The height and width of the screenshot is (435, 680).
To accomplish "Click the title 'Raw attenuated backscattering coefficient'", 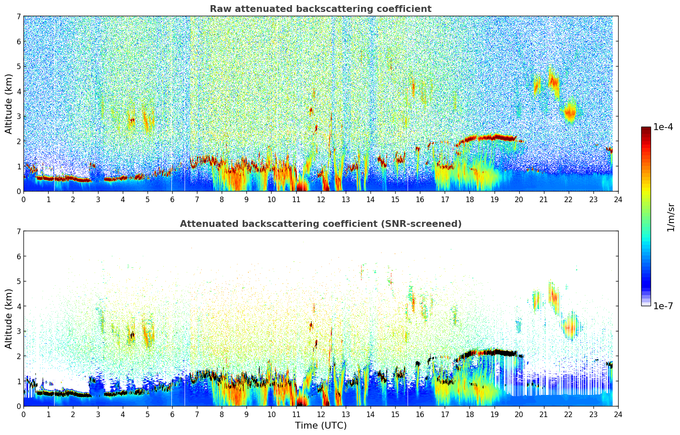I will tap(320, 9).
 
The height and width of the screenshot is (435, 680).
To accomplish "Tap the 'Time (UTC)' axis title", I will tap(321, 425).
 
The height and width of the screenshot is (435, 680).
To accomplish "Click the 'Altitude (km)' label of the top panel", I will tap(9, 104).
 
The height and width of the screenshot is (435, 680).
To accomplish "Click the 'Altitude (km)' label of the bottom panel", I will tap(9, 319).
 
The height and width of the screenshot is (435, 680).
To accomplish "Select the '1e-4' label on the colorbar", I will tap(663, 127).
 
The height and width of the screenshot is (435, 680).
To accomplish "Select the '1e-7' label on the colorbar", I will tap(663, 306).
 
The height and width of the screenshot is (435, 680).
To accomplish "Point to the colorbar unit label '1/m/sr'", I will tap(671, 217).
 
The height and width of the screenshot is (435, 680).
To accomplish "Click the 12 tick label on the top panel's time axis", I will tap(321, 199).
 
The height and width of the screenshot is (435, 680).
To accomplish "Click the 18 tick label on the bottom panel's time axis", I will tap(469, 414).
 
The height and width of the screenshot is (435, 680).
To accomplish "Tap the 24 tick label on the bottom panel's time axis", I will tap(618, 414).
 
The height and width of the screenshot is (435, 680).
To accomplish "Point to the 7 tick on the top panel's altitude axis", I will tap(18, 17).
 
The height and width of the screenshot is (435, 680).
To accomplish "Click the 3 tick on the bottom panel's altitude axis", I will tap(18, 331).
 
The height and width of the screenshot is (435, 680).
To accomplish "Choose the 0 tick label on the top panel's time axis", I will tap(23, 199).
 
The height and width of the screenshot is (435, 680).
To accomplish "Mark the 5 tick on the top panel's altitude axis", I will tap(18, 67).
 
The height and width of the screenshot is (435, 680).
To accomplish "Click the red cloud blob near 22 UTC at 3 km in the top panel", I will tap(570, 113).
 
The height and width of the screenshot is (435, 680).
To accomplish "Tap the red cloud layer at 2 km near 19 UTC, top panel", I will tap(495, 137).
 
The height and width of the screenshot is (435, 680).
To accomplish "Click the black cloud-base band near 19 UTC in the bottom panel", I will tap(495, 352).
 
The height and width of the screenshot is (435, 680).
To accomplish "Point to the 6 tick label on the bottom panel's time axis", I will tap(172, 414).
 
